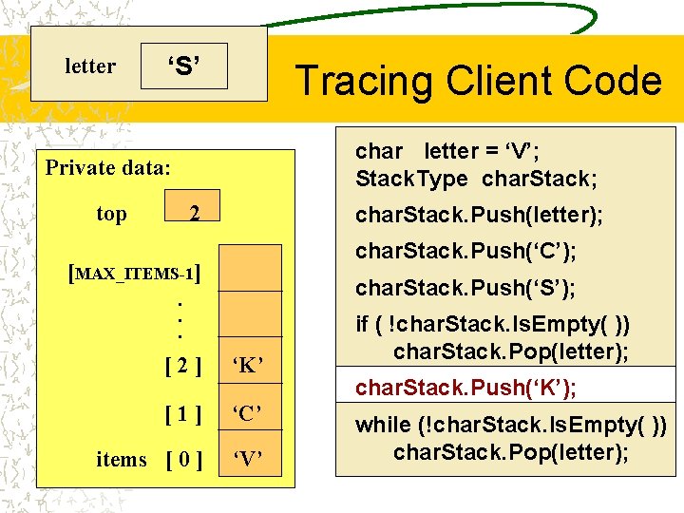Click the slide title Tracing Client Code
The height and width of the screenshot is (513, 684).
pos(478,81)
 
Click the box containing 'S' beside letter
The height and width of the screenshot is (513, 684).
pos(183,66)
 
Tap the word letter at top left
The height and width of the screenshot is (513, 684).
pos(90,66)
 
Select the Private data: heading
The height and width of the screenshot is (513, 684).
pos(108,168)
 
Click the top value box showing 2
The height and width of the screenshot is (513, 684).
pos(193,214)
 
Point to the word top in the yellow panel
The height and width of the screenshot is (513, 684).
pos(111,214)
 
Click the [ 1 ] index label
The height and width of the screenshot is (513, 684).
pos(182,413)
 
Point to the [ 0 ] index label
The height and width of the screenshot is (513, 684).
pos(182,461)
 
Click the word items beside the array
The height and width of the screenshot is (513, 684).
pos(122,460)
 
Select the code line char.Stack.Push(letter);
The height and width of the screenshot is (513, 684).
pos(479,216)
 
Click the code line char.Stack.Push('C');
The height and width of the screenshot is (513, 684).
pos(465,252)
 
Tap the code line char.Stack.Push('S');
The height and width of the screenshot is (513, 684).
pos(465,287)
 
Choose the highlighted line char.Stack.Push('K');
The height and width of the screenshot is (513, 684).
pos(465,388)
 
